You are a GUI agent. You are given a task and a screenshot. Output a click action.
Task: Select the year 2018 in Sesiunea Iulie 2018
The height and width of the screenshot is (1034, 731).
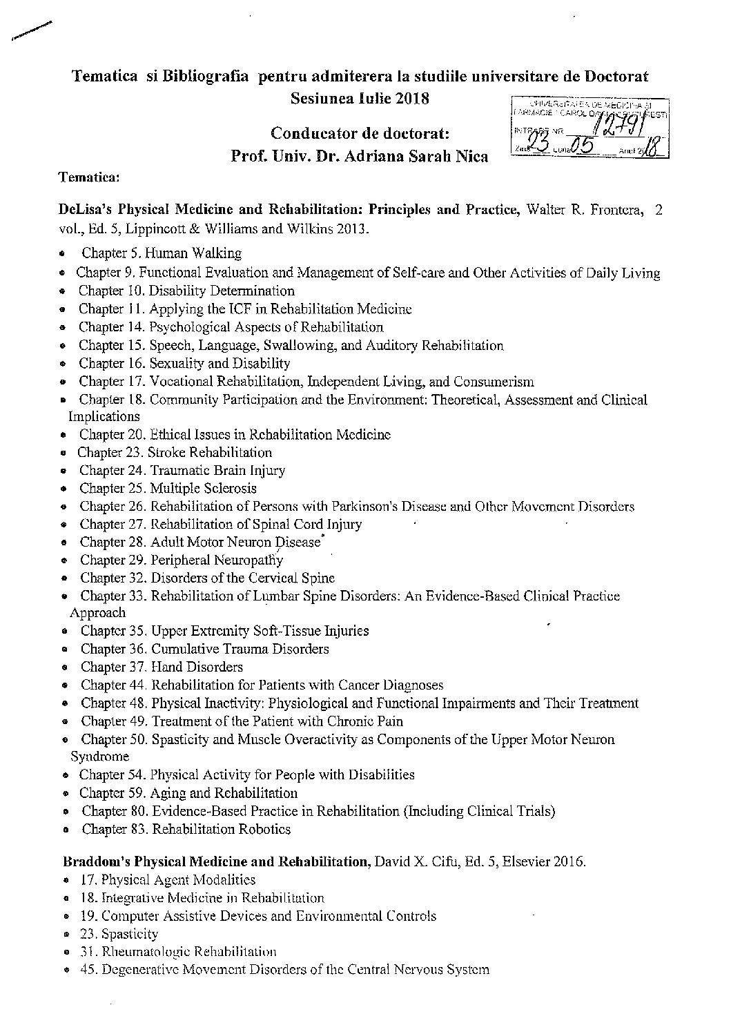pos(411,98)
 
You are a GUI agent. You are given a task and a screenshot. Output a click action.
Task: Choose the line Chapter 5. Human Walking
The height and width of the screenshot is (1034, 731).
pos(162,254)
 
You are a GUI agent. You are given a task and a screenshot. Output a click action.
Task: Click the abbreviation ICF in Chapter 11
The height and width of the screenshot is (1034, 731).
pos(233,309)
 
